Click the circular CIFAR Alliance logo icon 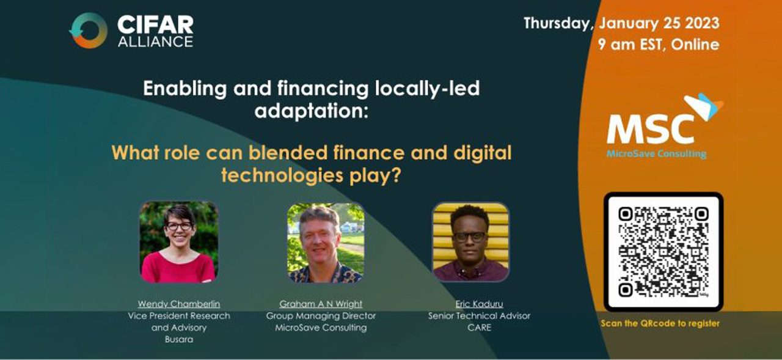click(x=89, y=31)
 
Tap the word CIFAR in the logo click(x=155, y=25)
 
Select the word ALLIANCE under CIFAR click(x=155, y=42)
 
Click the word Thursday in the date click(x=557, y=24)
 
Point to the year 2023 click(x=702, y=23)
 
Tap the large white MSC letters click(x=651, y=130)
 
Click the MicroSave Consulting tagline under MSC click(x=656, y=153)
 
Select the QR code click(x=663, y=251)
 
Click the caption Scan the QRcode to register click(x=660, y=323)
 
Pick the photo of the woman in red click(x=179, y=241)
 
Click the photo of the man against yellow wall click(x=470, y=242)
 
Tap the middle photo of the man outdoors click(x=326, y=243)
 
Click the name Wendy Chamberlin click(x=179, y=304)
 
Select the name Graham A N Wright click(x=321, y=304)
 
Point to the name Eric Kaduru click(x=479, y=304)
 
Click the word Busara click(x=179, y=339)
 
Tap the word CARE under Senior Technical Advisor click(x=479, y=328)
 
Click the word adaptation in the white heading click(x=311, y=111)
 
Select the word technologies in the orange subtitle click(x=282, y=175)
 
